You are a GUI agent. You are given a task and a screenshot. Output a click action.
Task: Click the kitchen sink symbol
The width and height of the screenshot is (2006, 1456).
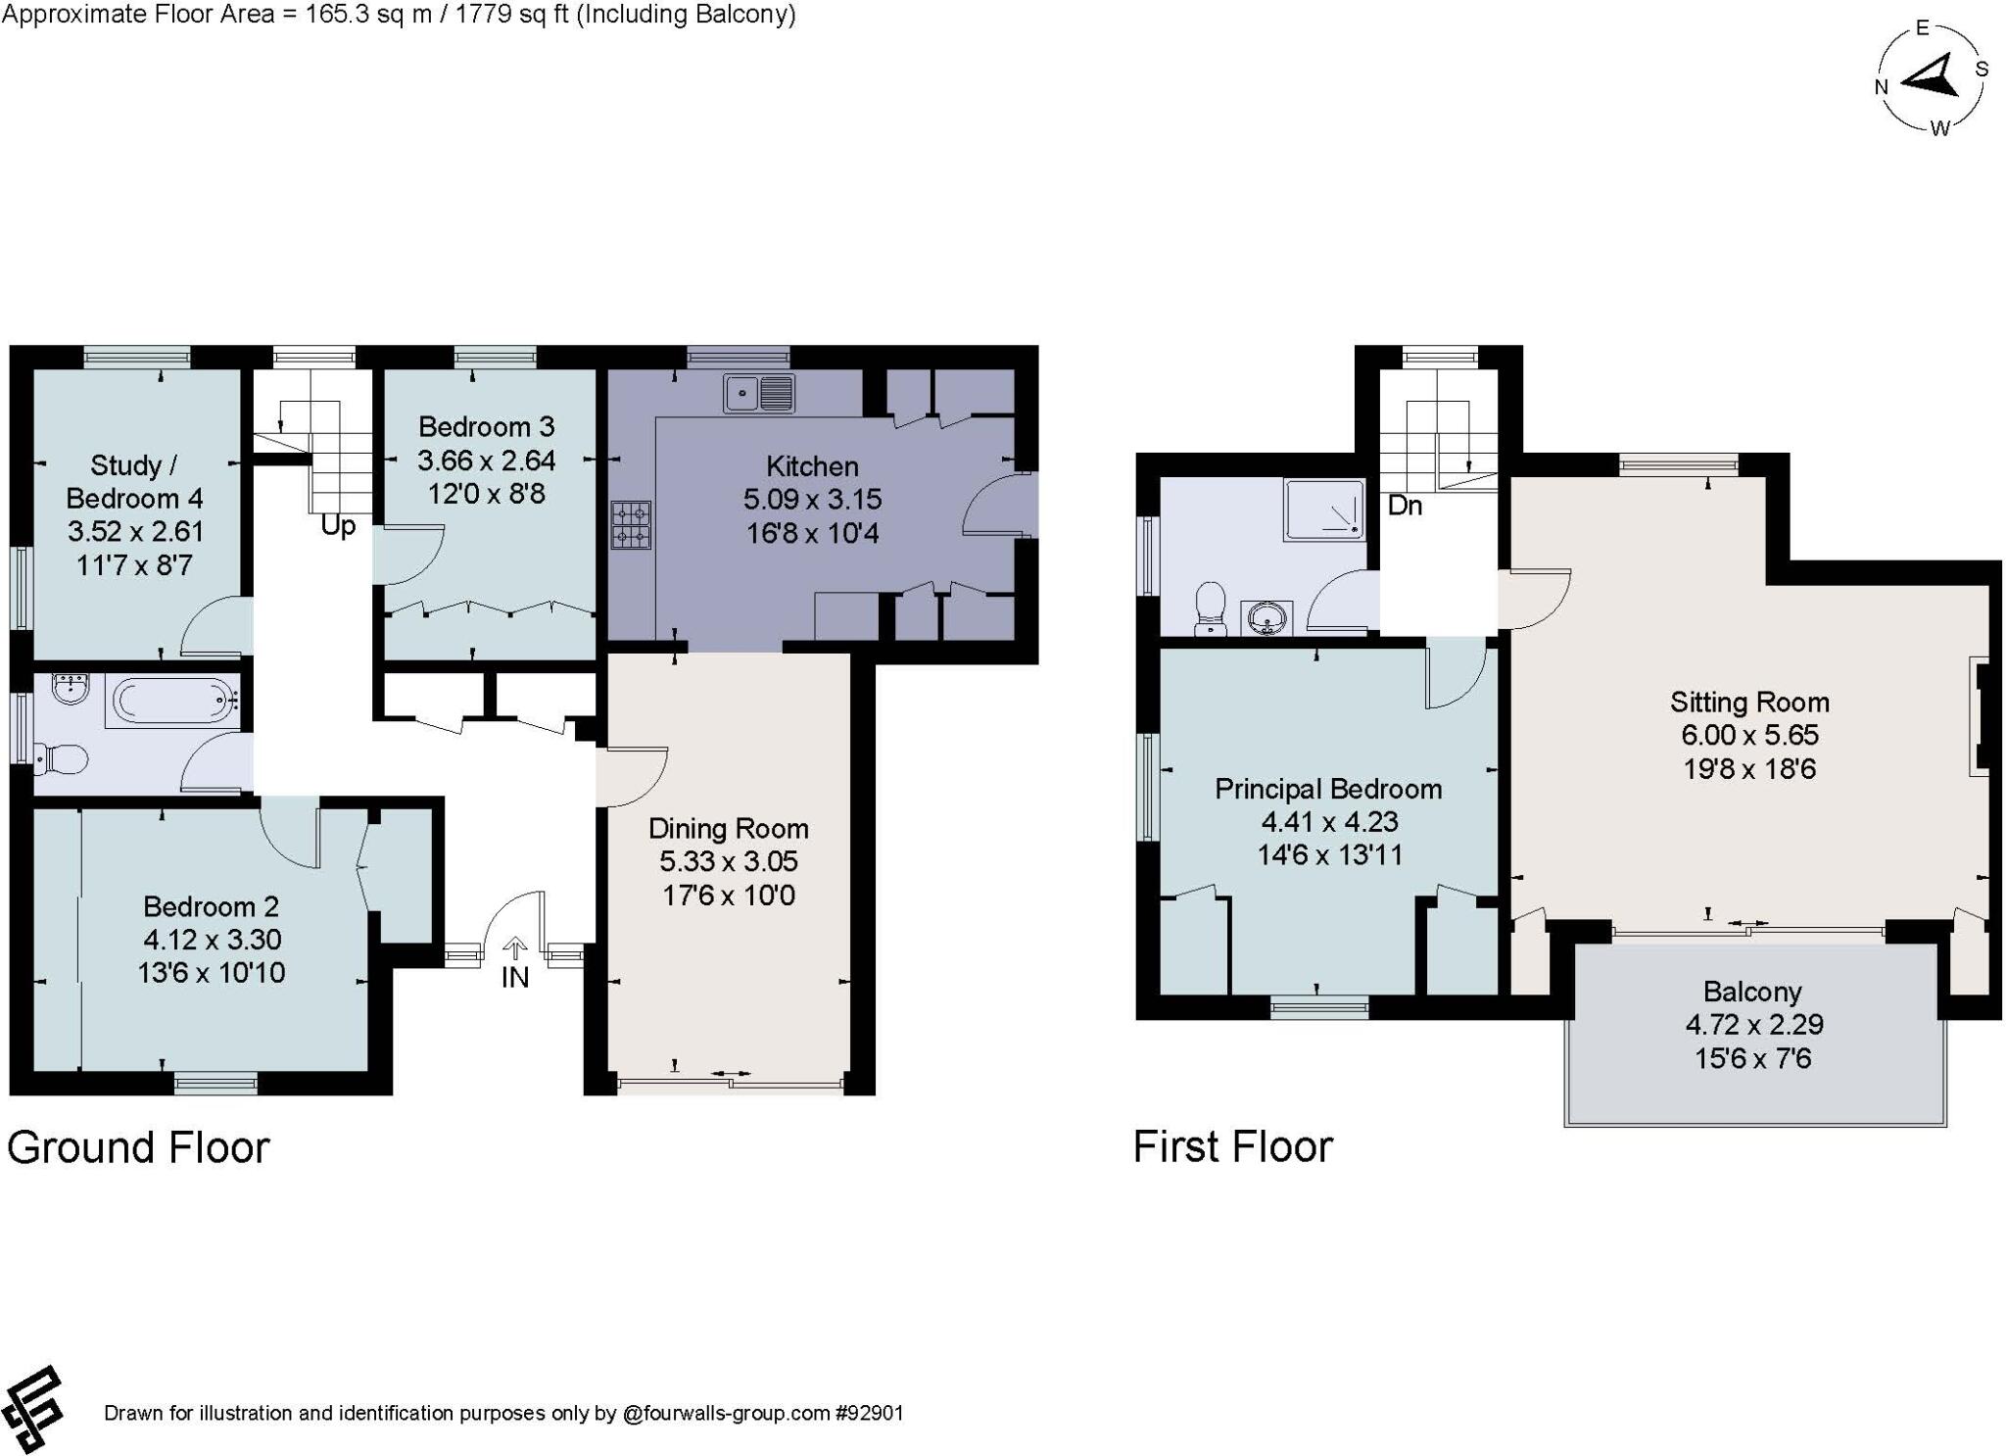(x=759, y=393)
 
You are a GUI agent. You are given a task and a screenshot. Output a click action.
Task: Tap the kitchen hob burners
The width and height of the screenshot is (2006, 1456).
(x=632, y=525)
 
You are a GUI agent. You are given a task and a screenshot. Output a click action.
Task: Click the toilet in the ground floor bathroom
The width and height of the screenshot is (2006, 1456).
(x=61, y=757)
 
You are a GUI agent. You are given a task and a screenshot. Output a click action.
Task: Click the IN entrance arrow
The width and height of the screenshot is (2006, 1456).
(x=515, y=948)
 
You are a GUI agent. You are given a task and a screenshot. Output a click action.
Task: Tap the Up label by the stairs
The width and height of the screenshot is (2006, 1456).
(x=338, y=526)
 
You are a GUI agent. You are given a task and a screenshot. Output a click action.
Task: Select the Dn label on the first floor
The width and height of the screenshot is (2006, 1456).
(x=1405, y=506)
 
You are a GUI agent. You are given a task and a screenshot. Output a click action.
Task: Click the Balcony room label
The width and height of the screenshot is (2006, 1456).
(x=1751, y=992)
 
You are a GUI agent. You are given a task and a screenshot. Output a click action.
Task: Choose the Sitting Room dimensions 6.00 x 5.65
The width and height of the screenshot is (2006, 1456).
(x=1749, y=735)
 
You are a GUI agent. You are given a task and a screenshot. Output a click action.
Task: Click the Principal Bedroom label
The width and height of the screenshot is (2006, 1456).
(x=1328, y=789)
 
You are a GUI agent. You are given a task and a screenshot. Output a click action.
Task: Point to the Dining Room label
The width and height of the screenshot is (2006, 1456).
(x=728, y=829)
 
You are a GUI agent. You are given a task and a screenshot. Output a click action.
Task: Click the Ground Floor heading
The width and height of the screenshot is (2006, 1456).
(x=138, y=1147)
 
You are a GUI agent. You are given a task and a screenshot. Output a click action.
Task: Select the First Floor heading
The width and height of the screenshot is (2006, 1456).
(x=1232, y=1146)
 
